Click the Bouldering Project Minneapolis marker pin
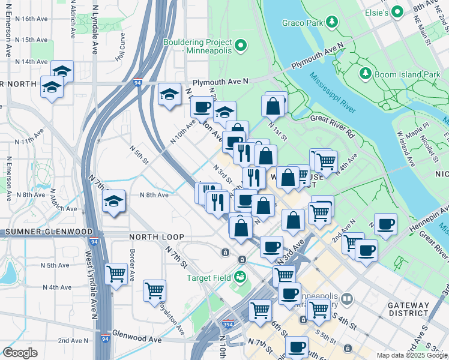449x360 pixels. [x=241, y=46]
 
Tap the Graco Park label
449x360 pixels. [x=303, y=23]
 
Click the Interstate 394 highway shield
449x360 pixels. [x=228, y=324]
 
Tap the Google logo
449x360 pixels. [x=20, y=353]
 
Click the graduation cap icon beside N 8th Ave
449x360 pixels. [x=113, y=202]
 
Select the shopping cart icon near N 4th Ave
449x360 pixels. [x=116, y=274]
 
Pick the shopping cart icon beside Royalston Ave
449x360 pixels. [x=154, y=290]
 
